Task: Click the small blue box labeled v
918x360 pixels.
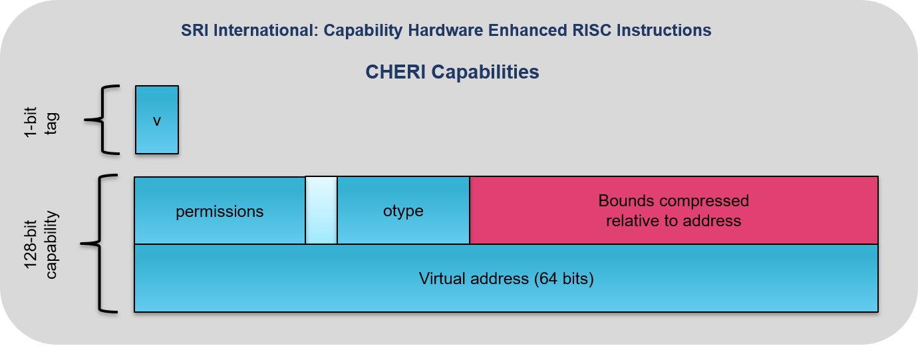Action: [157, 120]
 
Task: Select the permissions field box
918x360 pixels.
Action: [220, 210]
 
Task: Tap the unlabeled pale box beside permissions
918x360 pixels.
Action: [321, 210]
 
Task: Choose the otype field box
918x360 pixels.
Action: [403, 210]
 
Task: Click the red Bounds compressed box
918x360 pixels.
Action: [673, 210]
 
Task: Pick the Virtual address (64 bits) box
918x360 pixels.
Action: [506, 278]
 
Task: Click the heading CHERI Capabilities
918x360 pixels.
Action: [452, 72]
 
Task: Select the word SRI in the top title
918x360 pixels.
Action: [193, 31]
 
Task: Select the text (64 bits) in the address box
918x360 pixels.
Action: [563, 278]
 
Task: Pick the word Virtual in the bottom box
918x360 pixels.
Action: [442, 278]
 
